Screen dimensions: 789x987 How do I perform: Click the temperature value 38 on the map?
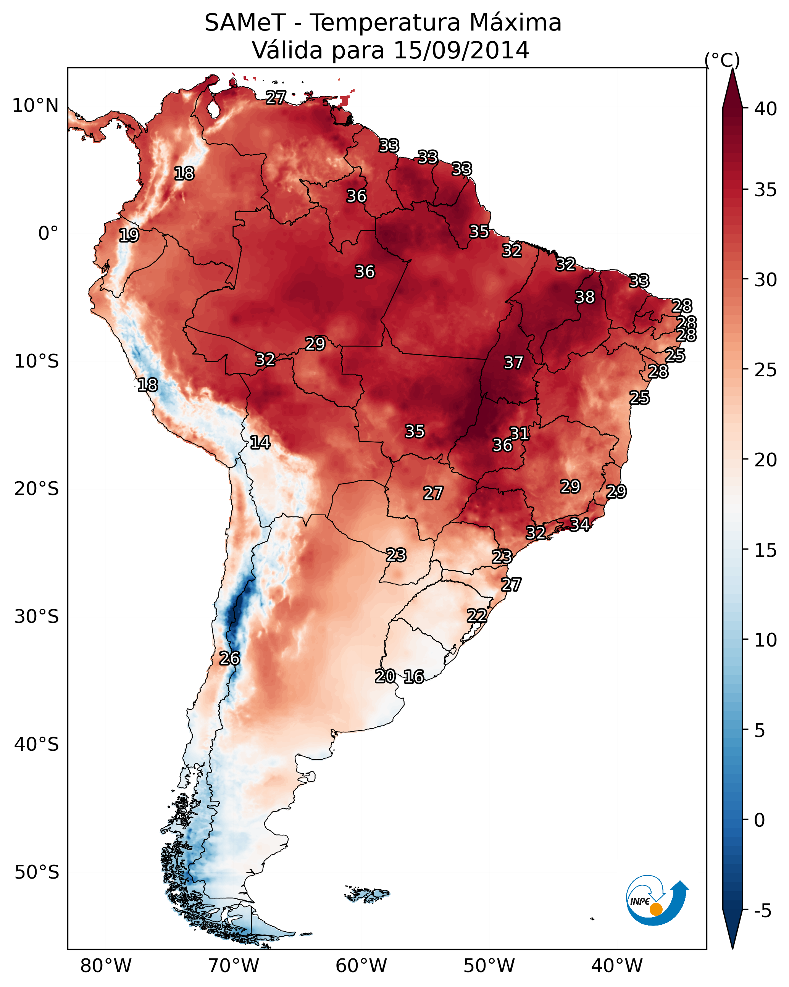point(585,297)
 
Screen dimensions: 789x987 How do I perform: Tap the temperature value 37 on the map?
point(513,363)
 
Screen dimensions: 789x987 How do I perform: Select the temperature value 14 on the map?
point(260,442)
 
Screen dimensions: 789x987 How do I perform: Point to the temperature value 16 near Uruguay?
point(414,677)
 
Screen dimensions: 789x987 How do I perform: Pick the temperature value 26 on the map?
point(229,658)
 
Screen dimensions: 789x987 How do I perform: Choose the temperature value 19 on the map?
point(129,235)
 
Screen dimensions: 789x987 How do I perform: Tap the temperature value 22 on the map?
point(477,616)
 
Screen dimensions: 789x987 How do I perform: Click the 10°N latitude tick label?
point(35,106)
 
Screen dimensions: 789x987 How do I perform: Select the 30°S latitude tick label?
point(37,617)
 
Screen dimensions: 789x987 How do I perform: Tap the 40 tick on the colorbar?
point(766,109)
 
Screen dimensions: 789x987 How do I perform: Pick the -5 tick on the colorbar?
point(762,911)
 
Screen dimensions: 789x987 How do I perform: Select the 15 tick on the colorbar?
point(766,550)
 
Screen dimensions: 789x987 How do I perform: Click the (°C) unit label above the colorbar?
point(722,60)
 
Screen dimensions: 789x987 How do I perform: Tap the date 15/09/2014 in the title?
point(461,50)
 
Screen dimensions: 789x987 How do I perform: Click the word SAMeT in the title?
point(245,23)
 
